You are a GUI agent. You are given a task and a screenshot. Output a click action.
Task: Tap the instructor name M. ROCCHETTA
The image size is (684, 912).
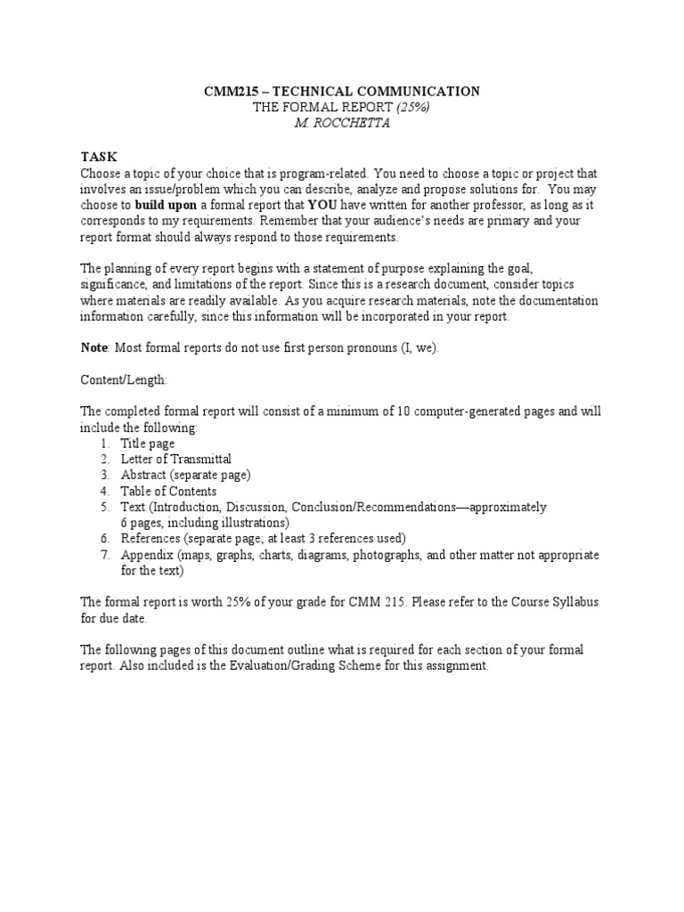pyautogui.click(x=341, y=123)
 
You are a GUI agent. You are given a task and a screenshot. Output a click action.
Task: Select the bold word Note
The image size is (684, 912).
pyautogui.click(x=94, y=347)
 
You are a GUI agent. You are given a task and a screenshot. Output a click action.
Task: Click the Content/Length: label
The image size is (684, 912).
pyautogui.click(x=123, y=379)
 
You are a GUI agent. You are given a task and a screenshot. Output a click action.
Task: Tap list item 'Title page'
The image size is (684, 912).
pyautogui.click(x=148, y=444)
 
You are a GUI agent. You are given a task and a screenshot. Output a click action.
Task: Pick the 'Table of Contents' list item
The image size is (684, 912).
pyautogui.click(x=168, y=492)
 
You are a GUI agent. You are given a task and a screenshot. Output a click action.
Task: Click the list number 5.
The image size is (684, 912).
pyautogui.click(x=104, y=508)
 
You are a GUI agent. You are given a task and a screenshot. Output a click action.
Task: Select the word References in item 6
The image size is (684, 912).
pyautogui.click(x=151, y=539)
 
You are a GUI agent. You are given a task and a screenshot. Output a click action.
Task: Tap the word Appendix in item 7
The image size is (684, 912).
pyautogui.click(x=147, y=555)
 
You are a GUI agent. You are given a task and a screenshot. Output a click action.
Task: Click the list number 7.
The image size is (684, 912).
pyautogui.click(x=104, y=555)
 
